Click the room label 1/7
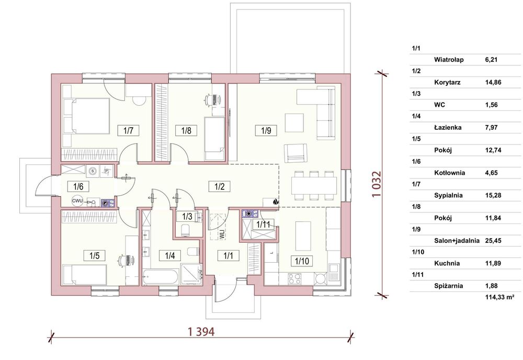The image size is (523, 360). point(129,130)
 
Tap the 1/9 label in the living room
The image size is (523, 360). point(266,130)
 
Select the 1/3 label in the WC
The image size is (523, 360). point(187,217)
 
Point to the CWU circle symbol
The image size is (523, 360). point(77,201)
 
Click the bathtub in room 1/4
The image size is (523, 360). point(161,277)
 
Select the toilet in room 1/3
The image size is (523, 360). point(185,230)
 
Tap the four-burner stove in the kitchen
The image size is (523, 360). point(294,279)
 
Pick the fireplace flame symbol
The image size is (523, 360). point(276,201)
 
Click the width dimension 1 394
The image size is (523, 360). point(201,332)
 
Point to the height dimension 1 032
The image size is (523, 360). point(376,184)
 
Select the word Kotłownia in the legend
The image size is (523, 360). point(450,173)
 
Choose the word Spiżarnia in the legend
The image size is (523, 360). point(449,286)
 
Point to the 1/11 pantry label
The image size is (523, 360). point(263,224)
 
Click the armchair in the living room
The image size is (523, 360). point(295,153)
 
